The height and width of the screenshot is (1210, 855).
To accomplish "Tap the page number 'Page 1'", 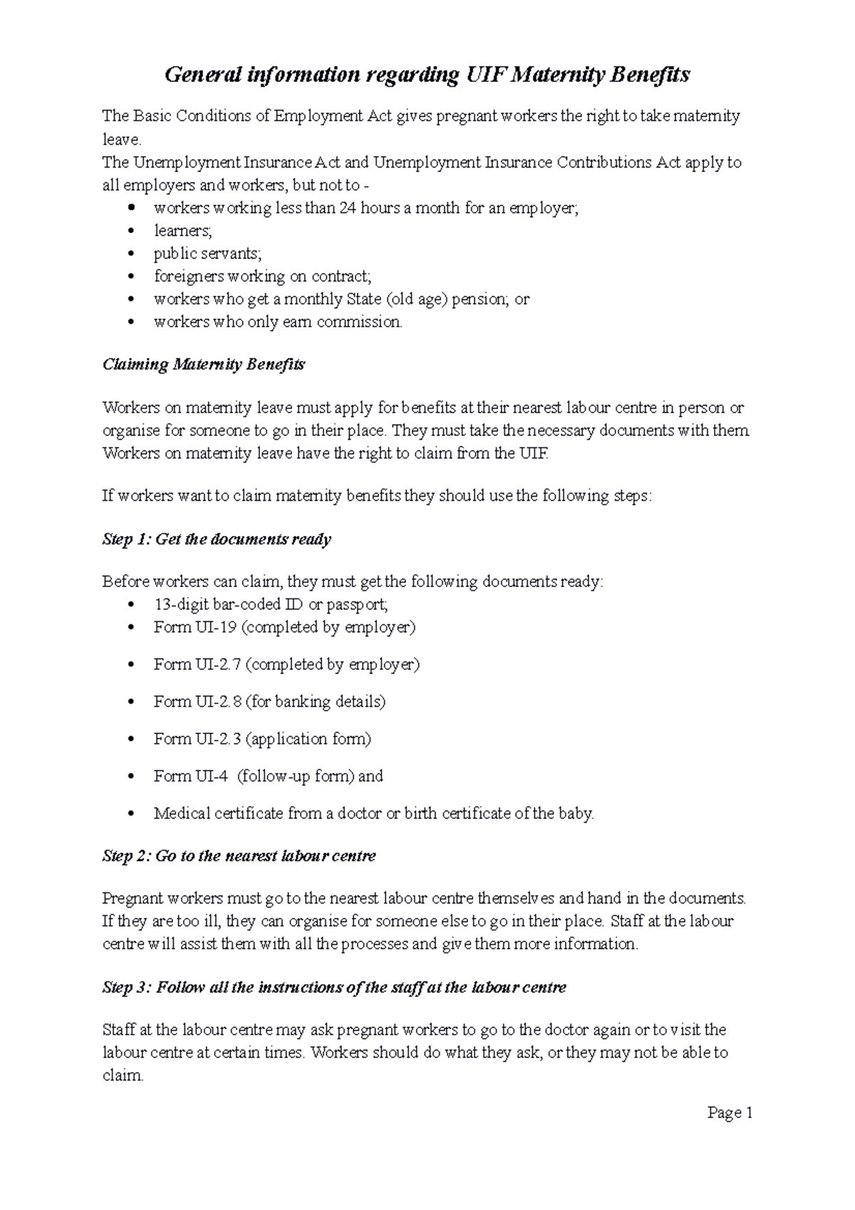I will click(730, 1113).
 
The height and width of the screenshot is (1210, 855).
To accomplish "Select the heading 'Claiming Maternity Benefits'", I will click(203, 365).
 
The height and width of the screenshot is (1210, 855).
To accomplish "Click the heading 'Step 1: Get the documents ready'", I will click(217, 539).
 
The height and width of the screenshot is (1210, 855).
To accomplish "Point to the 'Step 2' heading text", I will click(239, 856).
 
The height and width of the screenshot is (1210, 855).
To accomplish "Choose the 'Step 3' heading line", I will click(334, 988).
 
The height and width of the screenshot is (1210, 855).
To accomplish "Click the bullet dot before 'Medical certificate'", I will click(130, 814).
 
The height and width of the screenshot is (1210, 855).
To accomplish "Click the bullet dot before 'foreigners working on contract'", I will click(130, 276).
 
